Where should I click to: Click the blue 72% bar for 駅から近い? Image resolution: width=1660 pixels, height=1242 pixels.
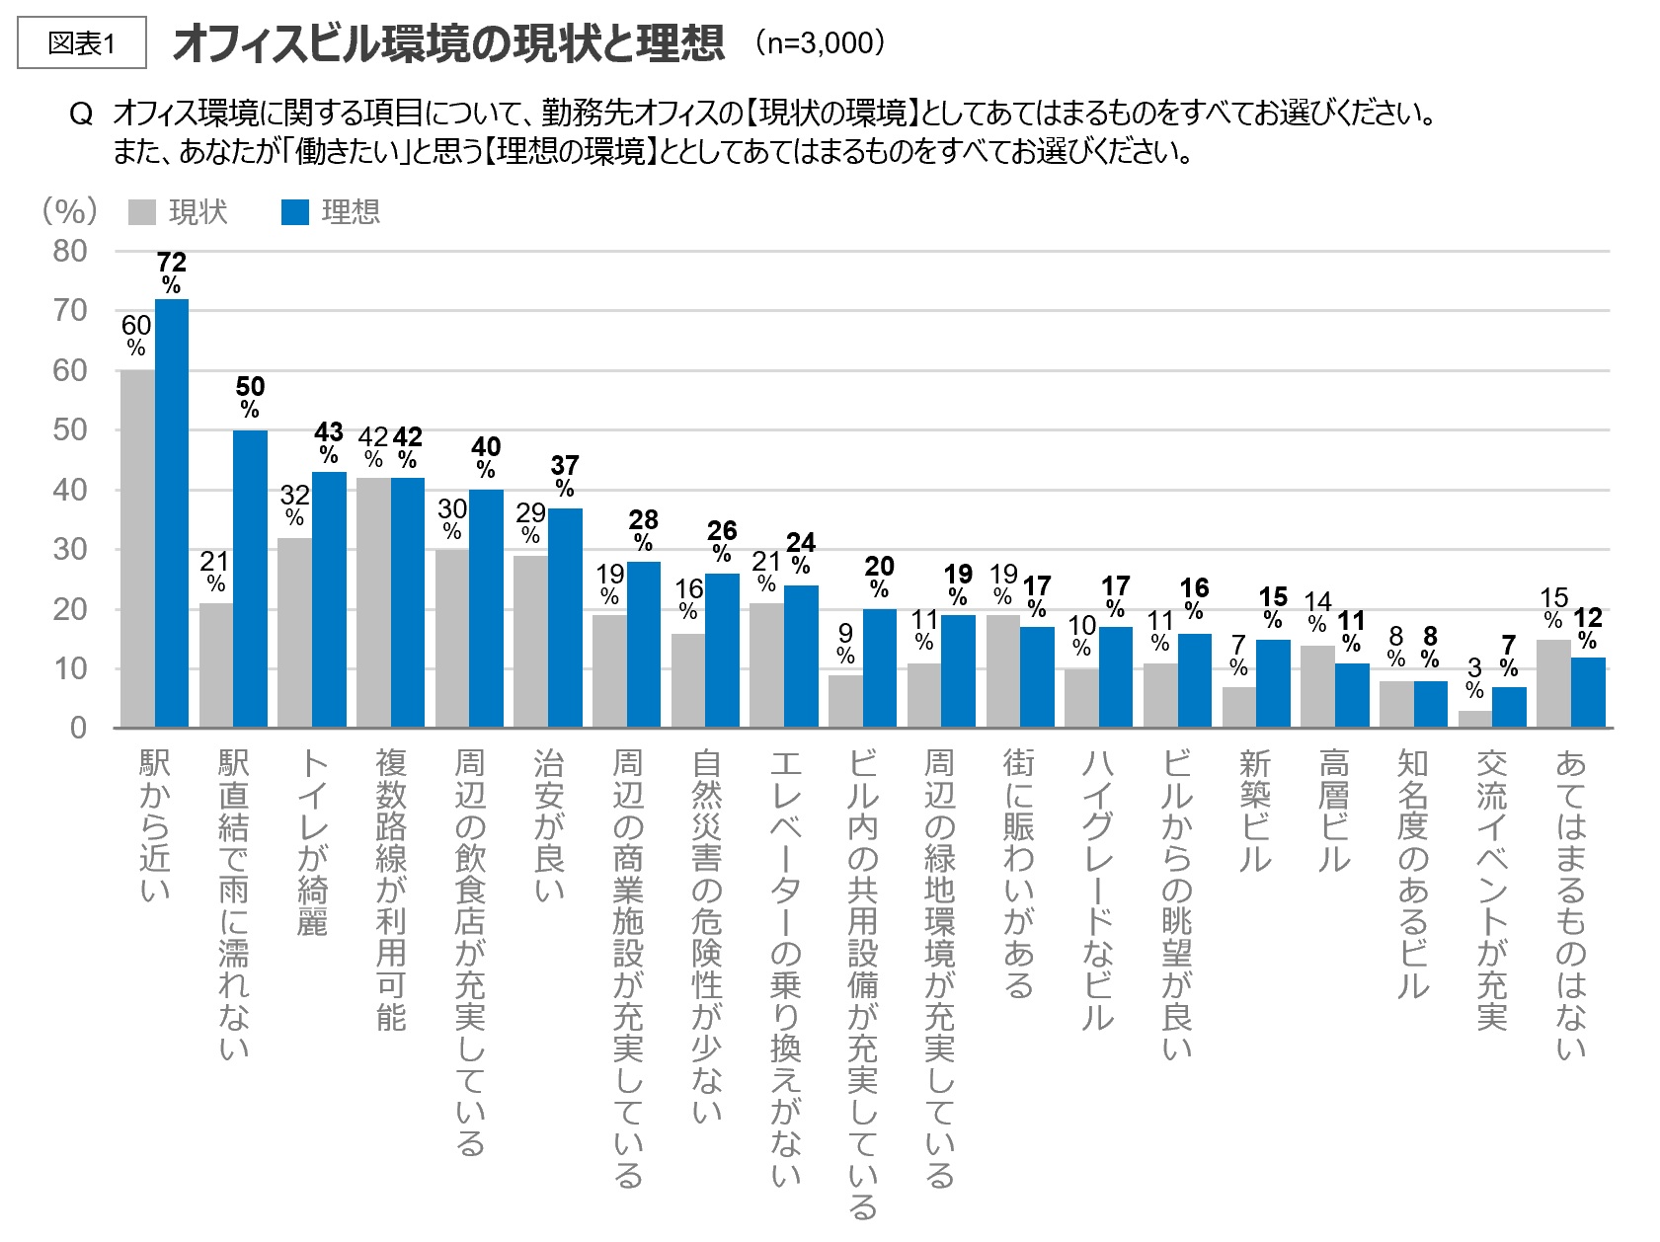(172, 513)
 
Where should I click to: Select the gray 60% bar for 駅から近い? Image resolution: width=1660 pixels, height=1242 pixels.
(137, 549)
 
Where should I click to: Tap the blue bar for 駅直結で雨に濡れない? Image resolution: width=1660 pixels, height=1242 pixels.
(250, 579)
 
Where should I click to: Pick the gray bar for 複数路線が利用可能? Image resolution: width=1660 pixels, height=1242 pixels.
(373, 602)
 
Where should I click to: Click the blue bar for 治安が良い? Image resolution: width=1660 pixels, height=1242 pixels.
(565, 618)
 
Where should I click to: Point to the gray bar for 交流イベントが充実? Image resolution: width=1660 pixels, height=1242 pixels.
(1475, 719)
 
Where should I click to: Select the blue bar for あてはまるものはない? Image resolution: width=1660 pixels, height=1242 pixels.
(1588, 692)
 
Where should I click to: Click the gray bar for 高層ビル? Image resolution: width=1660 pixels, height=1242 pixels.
(1317, 686)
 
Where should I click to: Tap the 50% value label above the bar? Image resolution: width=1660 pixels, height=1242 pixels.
(250, 397)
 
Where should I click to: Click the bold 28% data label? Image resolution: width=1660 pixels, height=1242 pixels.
(643, 530)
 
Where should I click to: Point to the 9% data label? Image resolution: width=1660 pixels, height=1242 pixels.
(845, 644)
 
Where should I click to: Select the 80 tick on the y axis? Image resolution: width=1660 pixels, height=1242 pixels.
(70, 251)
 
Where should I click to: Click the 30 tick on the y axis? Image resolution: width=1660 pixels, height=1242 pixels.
(70, 549)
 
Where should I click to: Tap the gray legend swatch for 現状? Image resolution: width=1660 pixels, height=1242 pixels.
(142, 212)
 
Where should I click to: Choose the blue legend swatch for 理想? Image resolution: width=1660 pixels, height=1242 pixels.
(295, 212)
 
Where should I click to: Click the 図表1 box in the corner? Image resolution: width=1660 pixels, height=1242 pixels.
(82, 42)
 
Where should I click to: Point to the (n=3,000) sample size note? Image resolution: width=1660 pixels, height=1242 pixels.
(820, 42)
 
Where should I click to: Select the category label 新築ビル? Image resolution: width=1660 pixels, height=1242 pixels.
(1255, 811)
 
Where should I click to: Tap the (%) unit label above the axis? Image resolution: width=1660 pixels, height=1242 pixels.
(69, 210)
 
